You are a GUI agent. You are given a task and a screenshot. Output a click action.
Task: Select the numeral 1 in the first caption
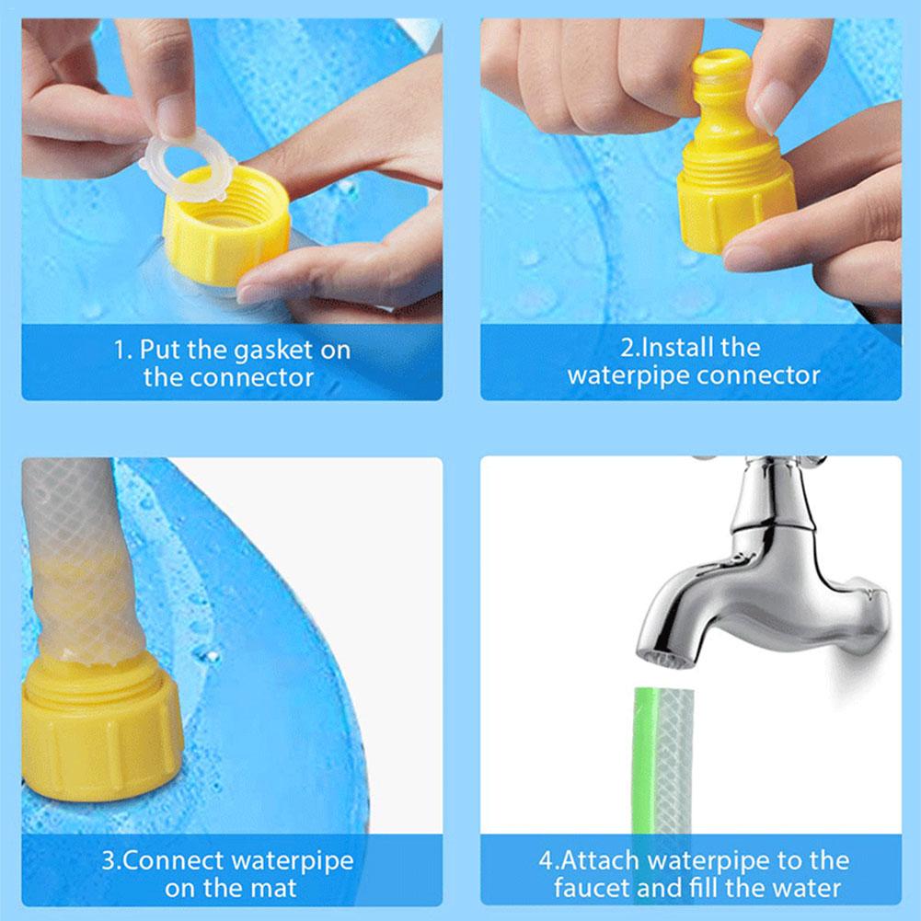pos(119,351)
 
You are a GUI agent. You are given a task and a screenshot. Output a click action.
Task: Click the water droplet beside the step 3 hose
pos(208,655)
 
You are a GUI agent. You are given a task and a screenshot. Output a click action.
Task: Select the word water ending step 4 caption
pos(806,889)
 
